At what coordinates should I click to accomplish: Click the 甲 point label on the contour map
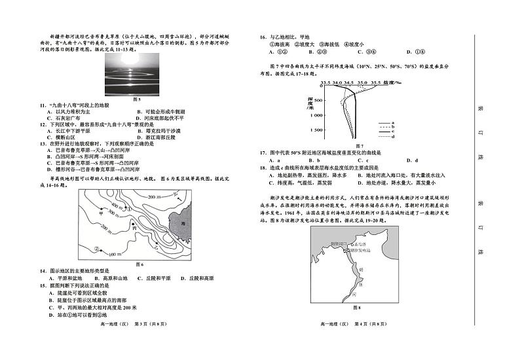click(x=102, y=213)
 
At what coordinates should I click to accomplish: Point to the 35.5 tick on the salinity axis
click(x=376, y=83)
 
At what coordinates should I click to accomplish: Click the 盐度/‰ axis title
click(x=393, y=83)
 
